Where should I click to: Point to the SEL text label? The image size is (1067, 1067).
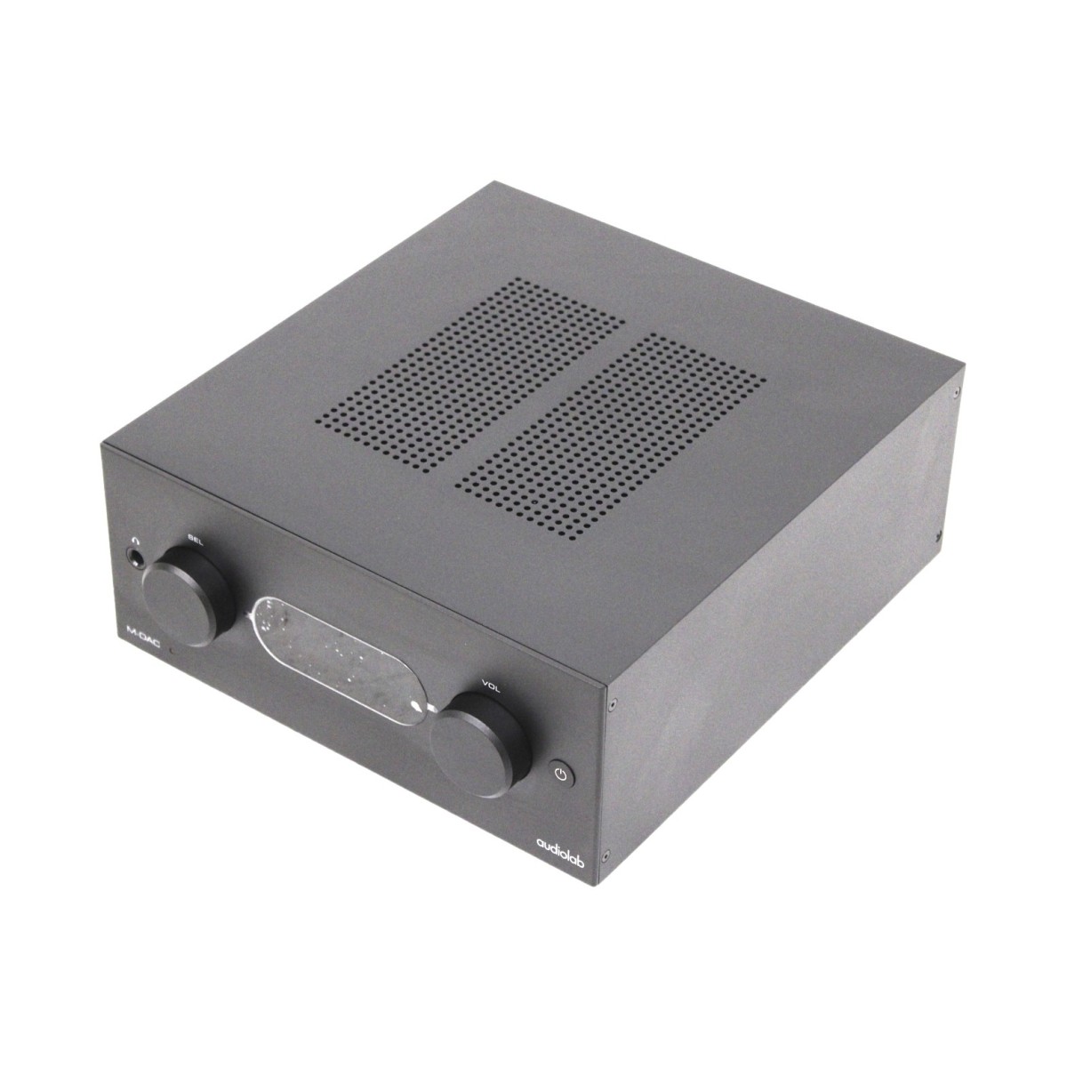[196, 540]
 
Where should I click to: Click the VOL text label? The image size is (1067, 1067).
[491, 685]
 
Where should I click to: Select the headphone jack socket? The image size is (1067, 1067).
[134, 557]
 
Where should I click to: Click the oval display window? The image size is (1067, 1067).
[338, 661]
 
